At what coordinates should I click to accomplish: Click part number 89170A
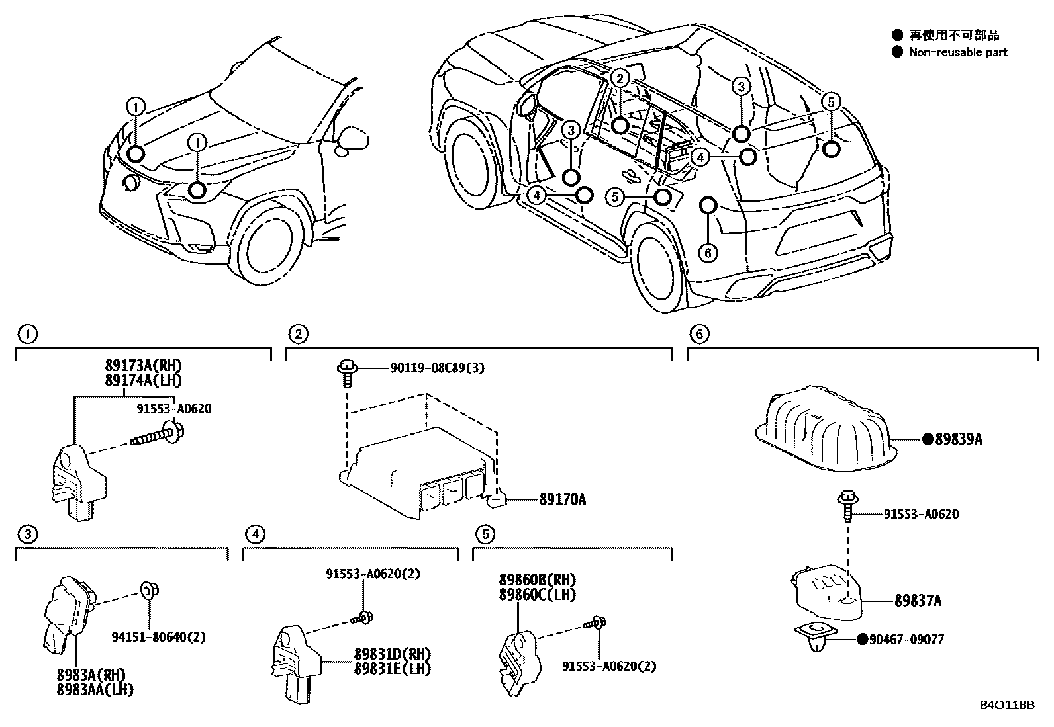[x=562, y=500]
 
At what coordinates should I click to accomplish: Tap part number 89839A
[x=958, y=439]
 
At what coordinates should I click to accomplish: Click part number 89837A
[x=918, y=601]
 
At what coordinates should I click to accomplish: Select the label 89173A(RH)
[x=143, y=366]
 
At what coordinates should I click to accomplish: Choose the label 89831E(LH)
[x=392, y=669]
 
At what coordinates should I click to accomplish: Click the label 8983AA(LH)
[x=96, y=689]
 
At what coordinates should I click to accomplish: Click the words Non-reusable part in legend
[x=957, y=52]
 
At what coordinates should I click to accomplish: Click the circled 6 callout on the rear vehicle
[x=708, y=253]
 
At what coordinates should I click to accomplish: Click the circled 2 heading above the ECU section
[x=298, y=334]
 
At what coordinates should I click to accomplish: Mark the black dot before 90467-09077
[x=863, y=640]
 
